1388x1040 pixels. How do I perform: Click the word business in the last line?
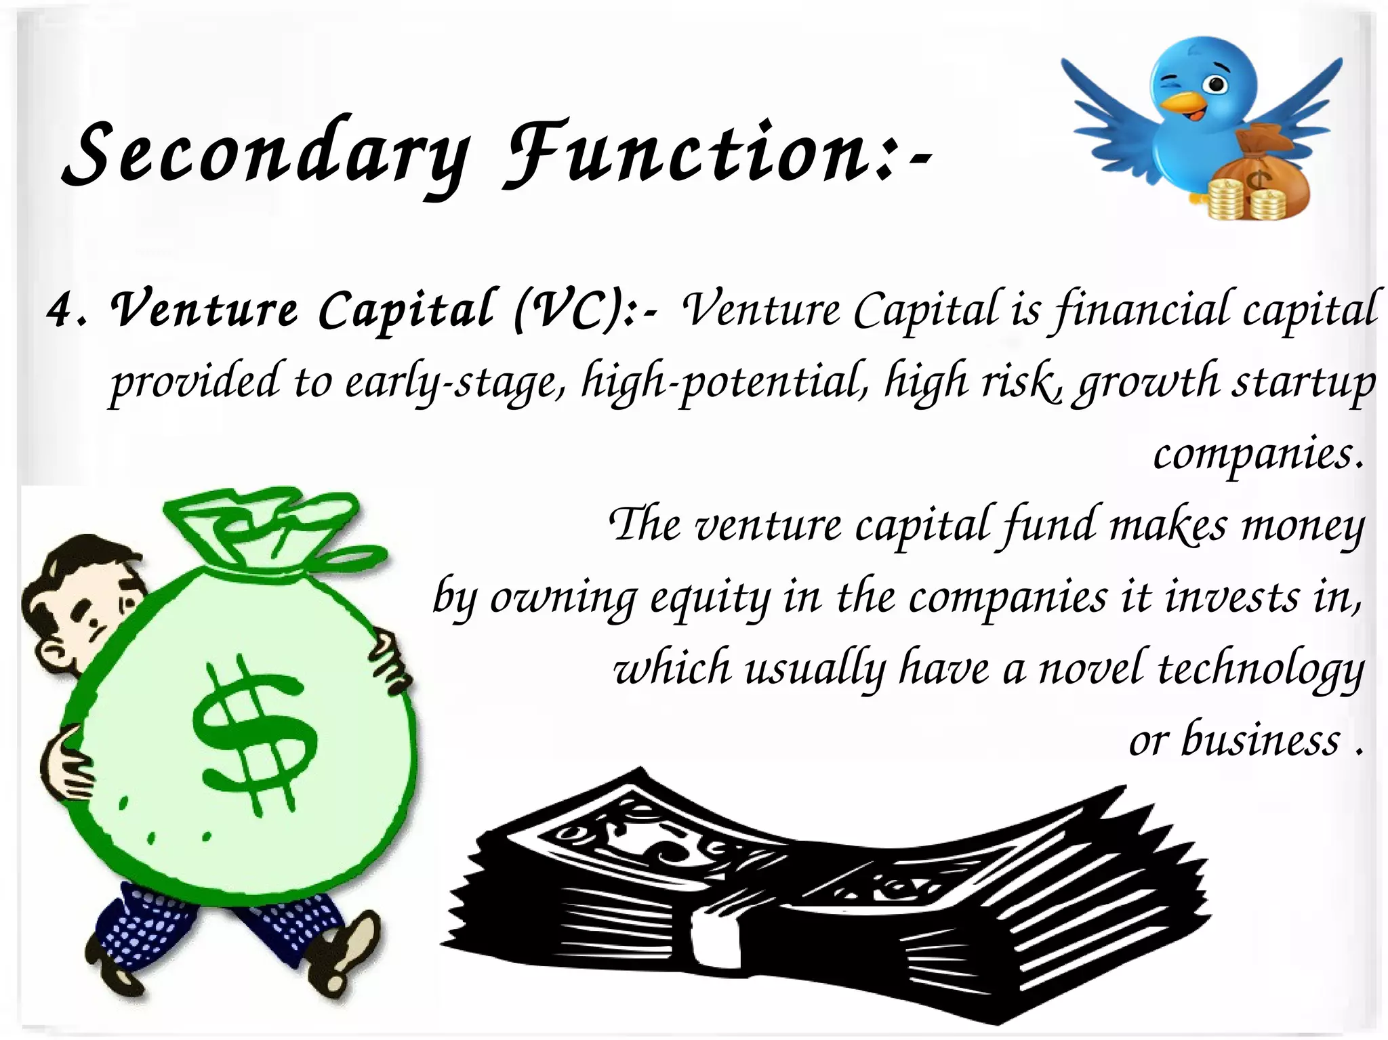coord(1261,740)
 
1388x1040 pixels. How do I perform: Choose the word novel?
coord(1091,669)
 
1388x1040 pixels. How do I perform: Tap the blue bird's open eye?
coord(1217,85)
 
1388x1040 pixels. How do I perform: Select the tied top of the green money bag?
coord(271,535)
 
